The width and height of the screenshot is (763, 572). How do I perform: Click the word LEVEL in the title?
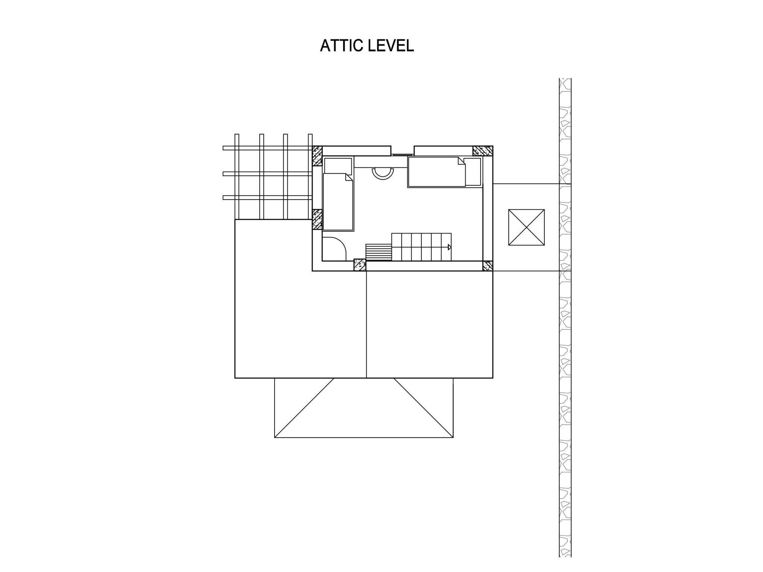[x=391, y=45]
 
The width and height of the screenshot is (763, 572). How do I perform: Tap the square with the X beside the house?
[x=526, y=227]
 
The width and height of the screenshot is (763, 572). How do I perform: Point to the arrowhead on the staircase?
[x=449, y=247]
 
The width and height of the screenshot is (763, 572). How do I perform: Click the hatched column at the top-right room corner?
[x=482, y=151]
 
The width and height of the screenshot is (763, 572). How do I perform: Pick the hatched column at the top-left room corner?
[x=317, y=156]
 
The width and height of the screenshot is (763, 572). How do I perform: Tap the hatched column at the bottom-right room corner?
[x=488, y=266]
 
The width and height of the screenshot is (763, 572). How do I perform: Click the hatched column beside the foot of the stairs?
[x=360, y=265]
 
